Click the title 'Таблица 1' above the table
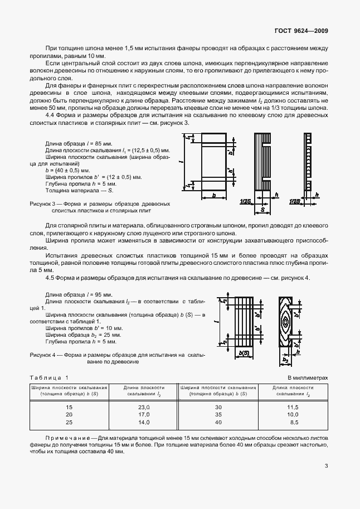pos(50,377)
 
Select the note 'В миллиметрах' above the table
pos(308,377)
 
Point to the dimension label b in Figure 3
pos(214,195)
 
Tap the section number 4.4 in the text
pos(50,115)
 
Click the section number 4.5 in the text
pos(50,277)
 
